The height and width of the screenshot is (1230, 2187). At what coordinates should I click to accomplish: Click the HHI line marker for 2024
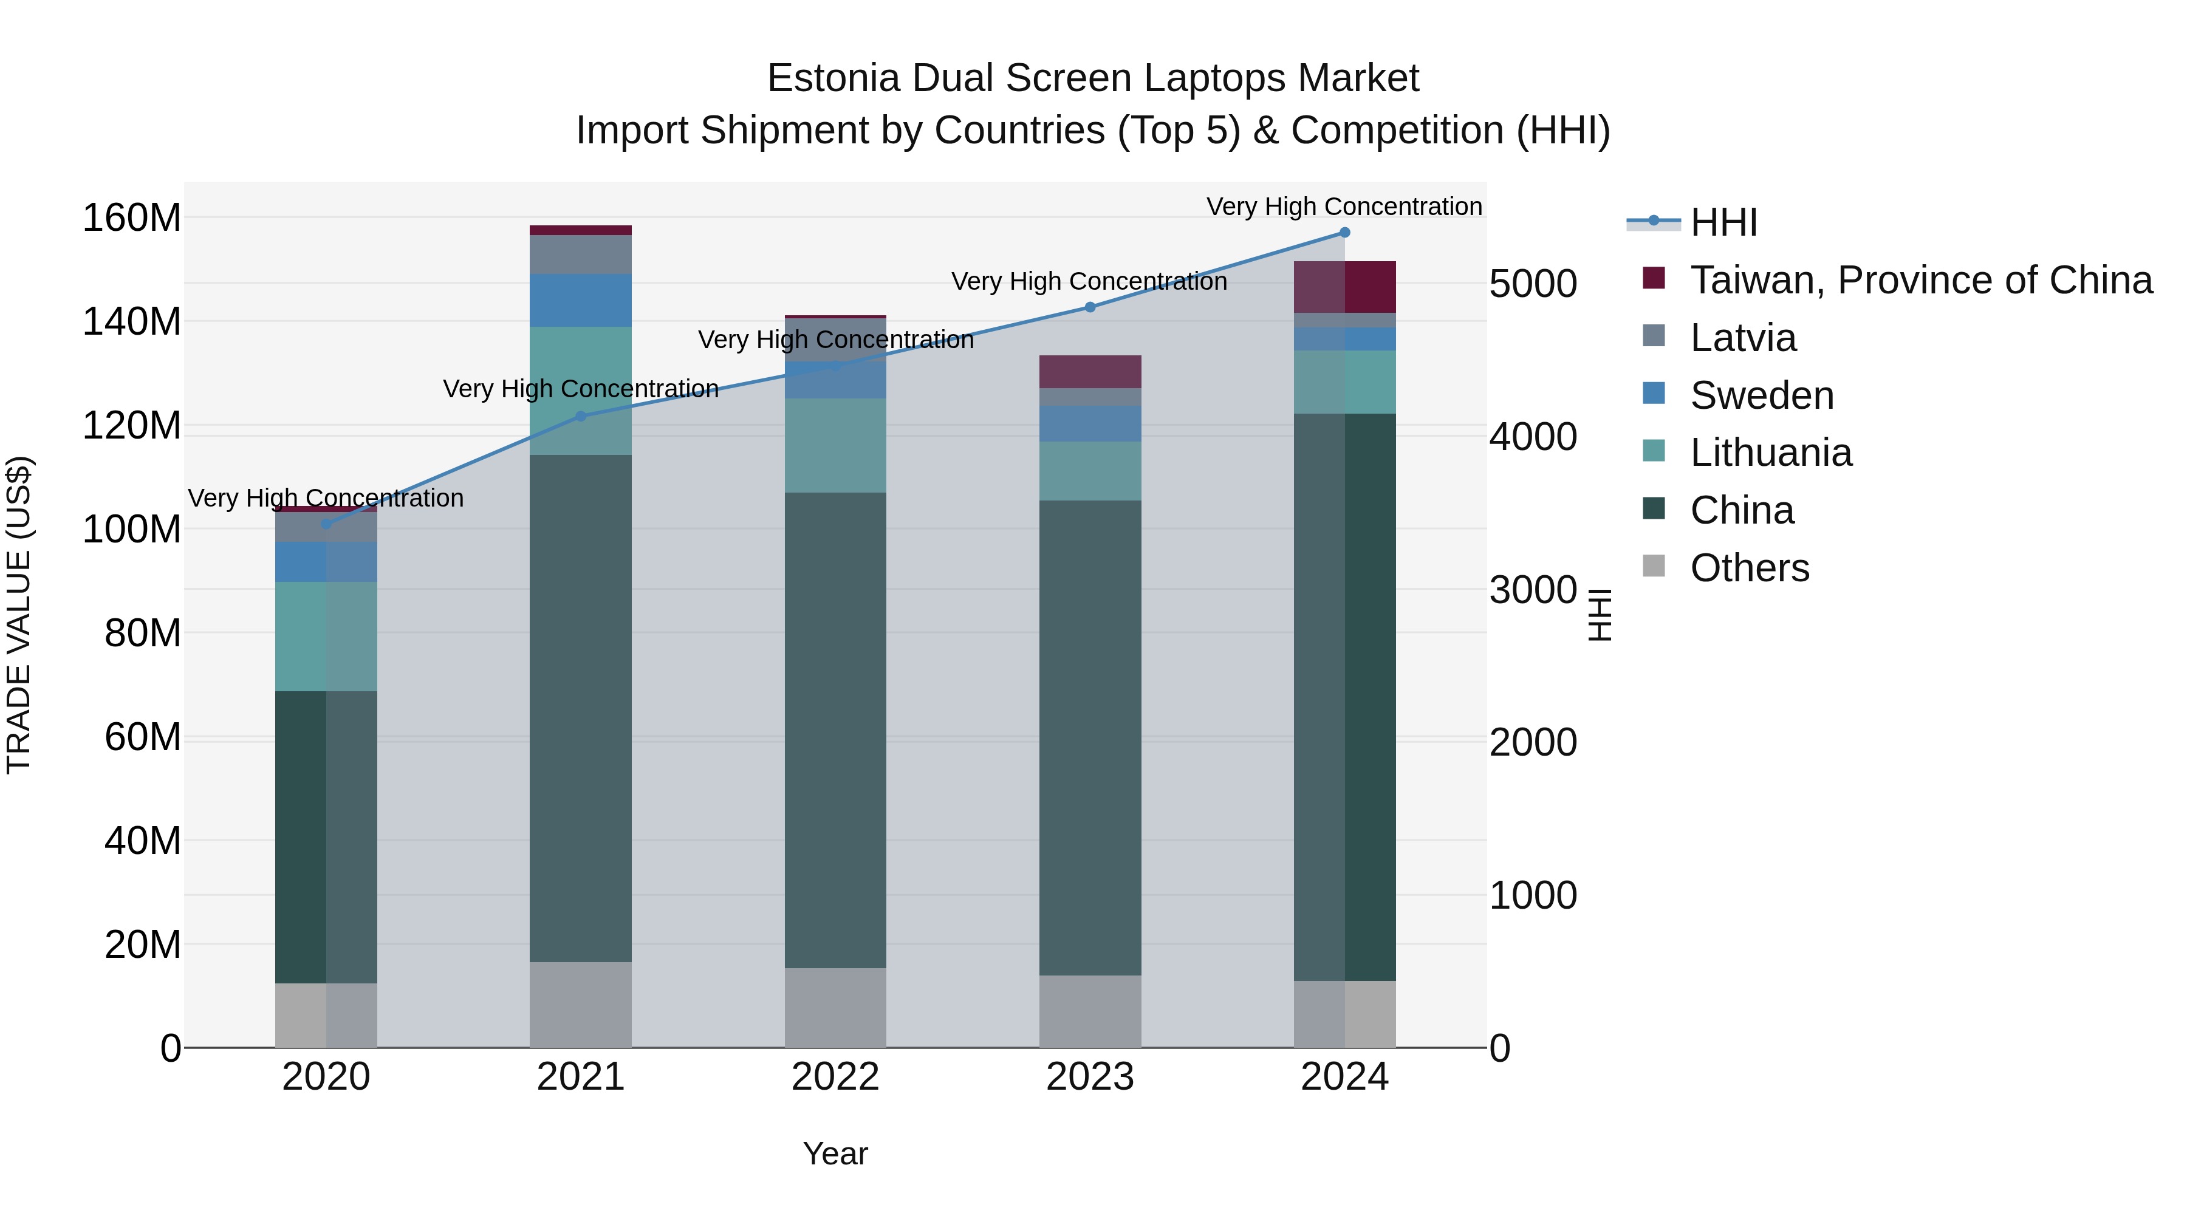[1345, 233]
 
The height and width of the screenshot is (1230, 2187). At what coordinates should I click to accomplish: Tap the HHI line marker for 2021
[581, 416]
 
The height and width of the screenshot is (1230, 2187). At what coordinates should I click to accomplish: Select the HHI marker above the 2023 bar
[1090, 307]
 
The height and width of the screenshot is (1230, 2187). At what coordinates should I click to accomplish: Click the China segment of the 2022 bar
[835, 730]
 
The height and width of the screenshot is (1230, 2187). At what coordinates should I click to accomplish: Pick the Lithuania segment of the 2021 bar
[581, 391]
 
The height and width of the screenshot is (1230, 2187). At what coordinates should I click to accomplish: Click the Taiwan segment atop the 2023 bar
[1090, 372]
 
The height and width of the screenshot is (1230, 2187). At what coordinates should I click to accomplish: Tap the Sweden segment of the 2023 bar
[1090, 423]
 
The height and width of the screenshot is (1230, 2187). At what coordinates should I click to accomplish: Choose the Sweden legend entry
[1762, 395]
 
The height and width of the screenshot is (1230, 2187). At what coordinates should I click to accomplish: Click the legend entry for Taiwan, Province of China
[1920, 280]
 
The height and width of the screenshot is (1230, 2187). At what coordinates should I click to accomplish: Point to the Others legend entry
[1749, 568]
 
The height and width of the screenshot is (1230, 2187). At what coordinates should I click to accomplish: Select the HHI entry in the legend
[1723, 222]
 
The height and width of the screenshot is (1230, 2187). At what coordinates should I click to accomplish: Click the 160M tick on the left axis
[132, 218]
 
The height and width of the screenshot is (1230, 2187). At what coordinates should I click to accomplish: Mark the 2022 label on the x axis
[835, 1077]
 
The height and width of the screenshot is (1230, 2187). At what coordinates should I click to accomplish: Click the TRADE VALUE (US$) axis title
[19, 615]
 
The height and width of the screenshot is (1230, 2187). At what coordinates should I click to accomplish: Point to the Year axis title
[835, 1153]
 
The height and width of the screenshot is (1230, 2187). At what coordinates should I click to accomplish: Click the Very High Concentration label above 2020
[326, 498]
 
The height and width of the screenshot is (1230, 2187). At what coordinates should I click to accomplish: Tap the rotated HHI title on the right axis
[1600, 615]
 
